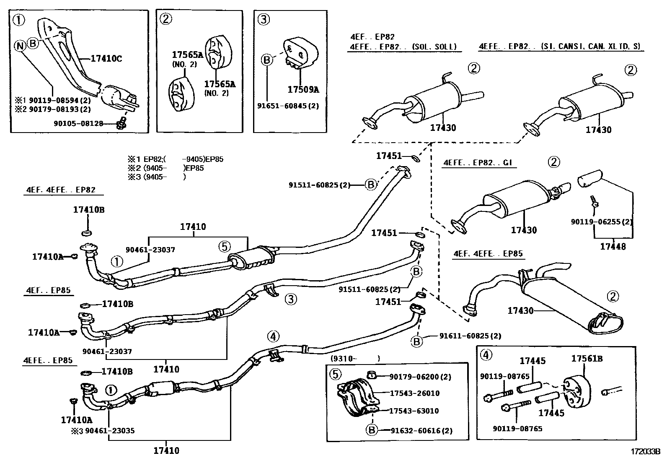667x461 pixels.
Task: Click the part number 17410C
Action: tap(106, 59)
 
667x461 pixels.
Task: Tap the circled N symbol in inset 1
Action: tap(20, 46)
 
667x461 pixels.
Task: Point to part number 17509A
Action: tap(303, 89)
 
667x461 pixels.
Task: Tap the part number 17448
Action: tap(613, 246)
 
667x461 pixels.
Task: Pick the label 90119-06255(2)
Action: tap(602, 221)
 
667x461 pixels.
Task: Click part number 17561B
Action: tap(587, 359)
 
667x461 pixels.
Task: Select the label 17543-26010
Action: tap(414, 393)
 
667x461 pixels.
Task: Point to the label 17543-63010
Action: tap(414, 411)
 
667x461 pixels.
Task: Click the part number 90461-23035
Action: tap(110, 430)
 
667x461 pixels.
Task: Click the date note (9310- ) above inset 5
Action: tap(355, 358)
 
